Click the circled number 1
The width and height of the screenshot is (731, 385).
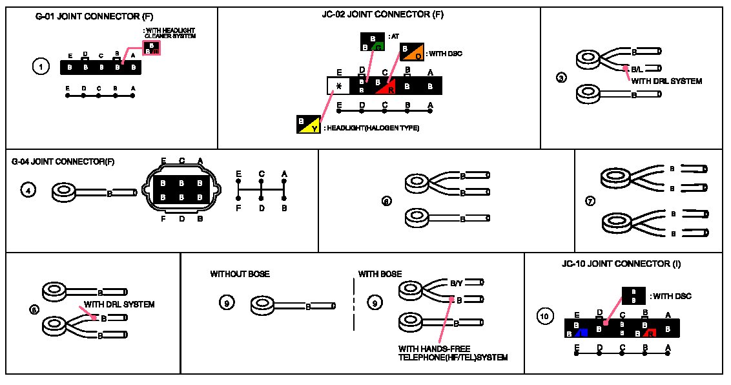(x=41, y=66)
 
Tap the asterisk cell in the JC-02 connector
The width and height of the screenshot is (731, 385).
(x=338, y=85)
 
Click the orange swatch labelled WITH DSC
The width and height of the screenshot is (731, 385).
(x=411, y=52)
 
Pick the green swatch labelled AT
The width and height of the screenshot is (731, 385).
(x=372, y=42)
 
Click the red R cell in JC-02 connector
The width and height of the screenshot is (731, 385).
(x=387, y=86)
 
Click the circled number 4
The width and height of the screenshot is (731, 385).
(x=28, y=191)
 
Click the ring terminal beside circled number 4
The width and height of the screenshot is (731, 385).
(x=64, y=191)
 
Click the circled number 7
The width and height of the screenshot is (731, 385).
(x=590, y=201)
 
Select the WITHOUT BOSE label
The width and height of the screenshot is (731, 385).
(x=240, y=275)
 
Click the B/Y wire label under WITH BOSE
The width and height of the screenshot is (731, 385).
(x=456, y=283)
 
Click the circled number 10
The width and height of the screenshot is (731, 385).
(x=544, y=317)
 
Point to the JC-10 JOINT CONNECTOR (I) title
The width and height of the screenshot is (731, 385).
(x=621, y=264)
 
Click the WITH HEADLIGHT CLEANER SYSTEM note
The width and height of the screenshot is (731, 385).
(x=169, y=33)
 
